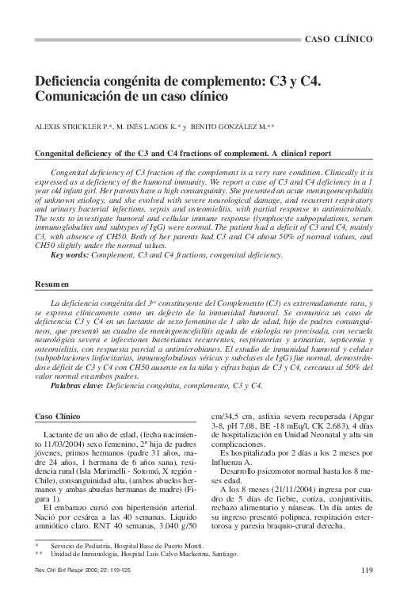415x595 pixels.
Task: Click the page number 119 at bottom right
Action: (367, 571)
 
